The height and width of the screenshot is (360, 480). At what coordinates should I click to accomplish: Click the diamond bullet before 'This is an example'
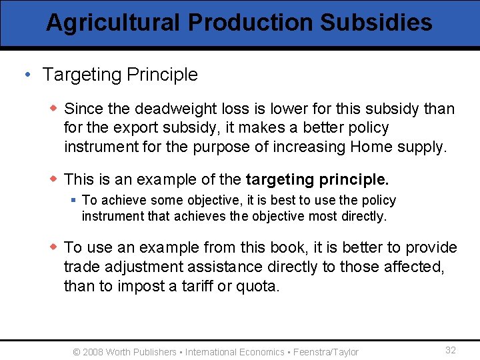pos(54,179)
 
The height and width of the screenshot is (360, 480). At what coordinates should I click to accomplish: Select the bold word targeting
pos(280,180)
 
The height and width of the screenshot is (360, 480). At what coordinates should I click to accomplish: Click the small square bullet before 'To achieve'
pos(73,200)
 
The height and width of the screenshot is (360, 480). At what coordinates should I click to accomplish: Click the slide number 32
pos(451,351)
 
